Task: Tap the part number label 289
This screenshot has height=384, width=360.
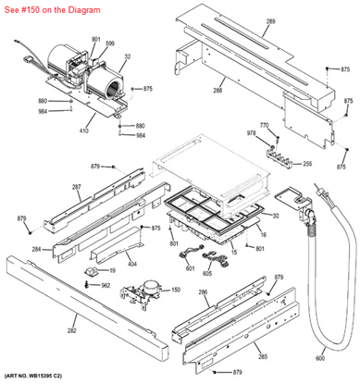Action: [271, 20]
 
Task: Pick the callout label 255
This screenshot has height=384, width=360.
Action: [307, 163]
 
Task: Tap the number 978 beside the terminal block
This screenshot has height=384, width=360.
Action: [250, 134]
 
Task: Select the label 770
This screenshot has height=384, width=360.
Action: [264, 124]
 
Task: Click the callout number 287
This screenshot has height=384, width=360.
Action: [77, 187]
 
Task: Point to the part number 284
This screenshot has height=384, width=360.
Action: [35, 250]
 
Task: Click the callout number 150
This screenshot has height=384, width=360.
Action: [175, 290]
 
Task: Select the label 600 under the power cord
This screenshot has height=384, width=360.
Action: [320, 357]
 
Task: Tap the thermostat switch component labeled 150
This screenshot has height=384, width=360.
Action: [143, 294]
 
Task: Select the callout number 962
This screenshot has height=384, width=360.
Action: [105, 285]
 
